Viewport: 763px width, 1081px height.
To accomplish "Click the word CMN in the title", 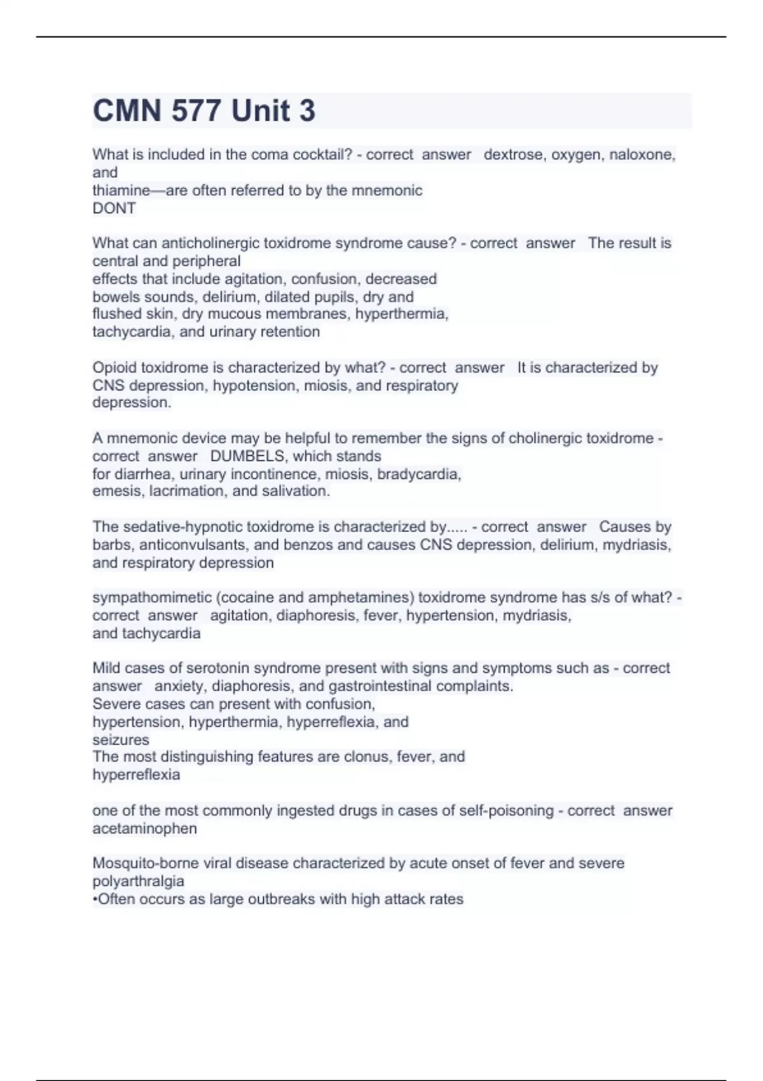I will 127,111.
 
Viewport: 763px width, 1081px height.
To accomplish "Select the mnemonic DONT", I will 114,208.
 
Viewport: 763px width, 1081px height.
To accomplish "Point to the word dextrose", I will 512,155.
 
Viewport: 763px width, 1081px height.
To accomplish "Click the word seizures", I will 120,740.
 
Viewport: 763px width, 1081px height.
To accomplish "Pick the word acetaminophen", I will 144,829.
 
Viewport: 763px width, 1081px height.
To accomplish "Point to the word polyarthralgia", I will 138,881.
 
